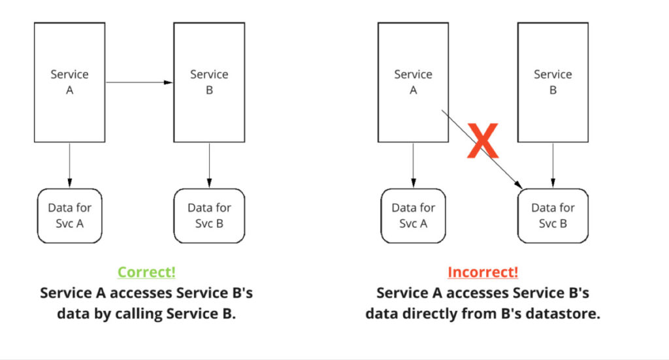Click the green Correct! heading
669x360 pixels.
(x=146, y=272)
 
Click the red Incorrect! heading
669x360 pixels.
(x=483, y=272)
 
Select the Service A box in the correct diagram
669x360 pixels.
(x=70, y=82)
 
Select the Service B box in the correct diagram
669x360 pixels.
(x=209, y=82)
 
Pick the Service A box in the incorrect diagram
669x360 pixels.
(x=413, y=82)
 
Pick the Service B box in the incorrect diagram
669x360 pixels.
(x=553, y=82)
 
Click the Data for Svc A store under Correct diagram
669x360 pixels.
(x=70, y=216)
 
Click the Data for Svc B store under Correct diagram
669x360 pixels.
(x=209, y=216)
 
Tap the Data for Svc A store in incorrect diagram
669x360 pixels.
(x=413, y=216)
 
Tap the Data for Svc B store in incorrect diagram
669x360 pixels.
(x=553, y=216)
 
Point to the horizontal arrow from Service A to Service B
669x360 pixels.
(x=137, y=82)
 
